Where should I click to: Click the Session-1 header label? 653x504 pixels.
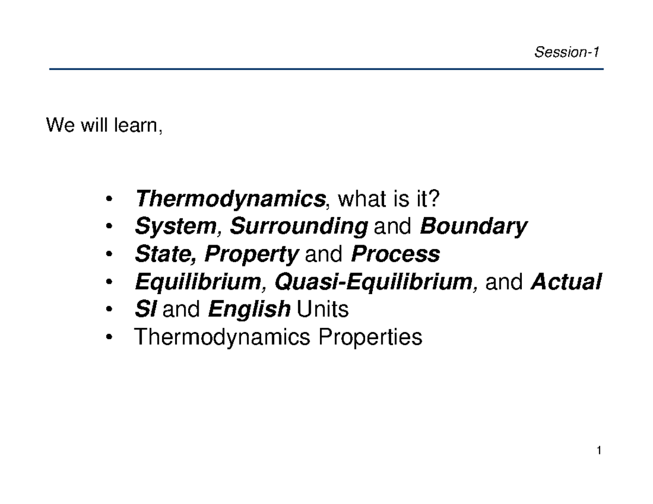click(566, 52)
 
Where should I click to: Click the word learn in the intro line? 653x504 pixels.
click(138, 126)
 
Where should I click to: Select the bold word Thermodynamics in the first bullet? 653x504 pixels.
click(229, 200)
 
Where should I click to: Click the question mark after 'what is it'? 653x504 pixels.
click(433, 200)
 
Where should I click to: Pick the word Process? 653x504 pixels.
click(396, 254)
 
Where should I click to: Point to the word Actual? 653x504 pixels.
click(566, 282)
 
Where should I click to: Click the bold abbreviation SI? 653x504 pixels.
click(145, 310)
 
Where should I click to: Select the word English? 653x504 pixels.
click(249, 310)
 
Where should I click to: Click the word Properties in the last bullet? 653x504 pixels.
click(370, 338)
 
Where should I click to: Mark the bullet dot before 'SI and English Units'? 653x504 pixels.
click(111, 310)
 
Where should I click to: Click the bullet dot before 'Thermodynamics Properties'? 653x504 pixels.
click(111, 338)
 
